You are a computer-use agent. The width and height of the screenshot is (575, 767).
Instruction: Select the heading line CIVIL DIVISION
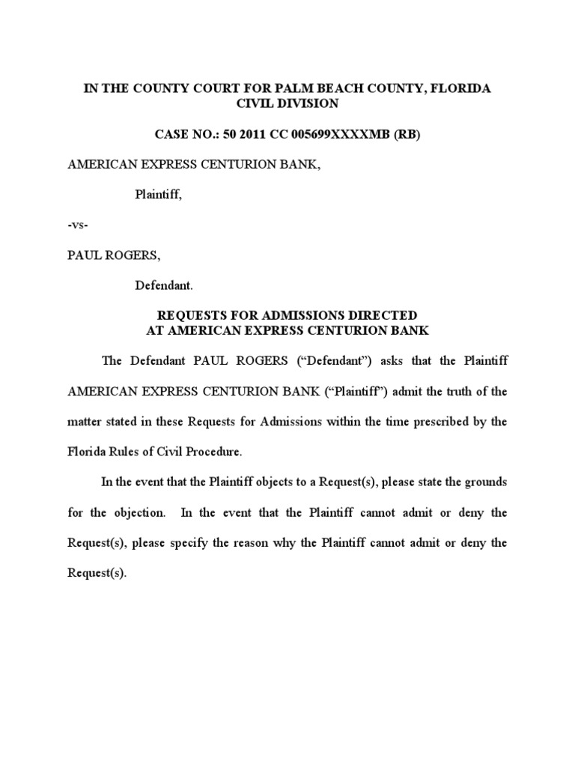pyautogui.click(x=287, y=104)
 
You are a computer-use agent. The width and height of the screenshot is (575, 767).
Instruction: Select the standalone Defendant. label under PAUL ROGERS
pyautogui.click(x=163, y=285)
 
